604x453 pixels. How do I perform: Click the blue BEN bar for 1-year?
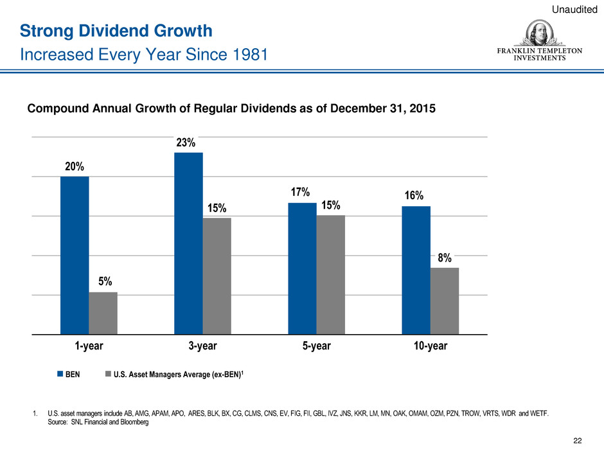click(x=75, y=255)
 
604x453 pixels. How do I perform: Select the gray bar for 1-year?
click(x=103, y=314)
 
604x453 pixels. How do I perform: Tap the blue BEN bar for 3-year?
click(x=188, y=244)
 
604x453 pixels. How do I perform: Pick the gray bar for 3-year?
click(x=217, y=276)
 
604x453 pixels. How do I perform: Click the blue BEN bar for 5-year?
click(x=302, y=269)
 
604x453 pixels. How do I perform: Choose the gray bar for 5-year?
click(x=330, y=275)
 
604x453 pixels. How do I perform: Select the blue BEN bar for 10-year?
click(x=416, y=271)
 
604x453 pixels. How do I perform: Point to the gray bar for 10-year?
click(x=444, y=301)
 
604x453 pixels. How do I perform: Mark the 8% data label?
click(x=444, y=258)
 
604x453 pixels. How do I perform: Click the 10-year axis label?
click(x=430, y=346)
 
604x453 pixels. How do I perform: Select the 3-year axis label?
click(x=202, y=346)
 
